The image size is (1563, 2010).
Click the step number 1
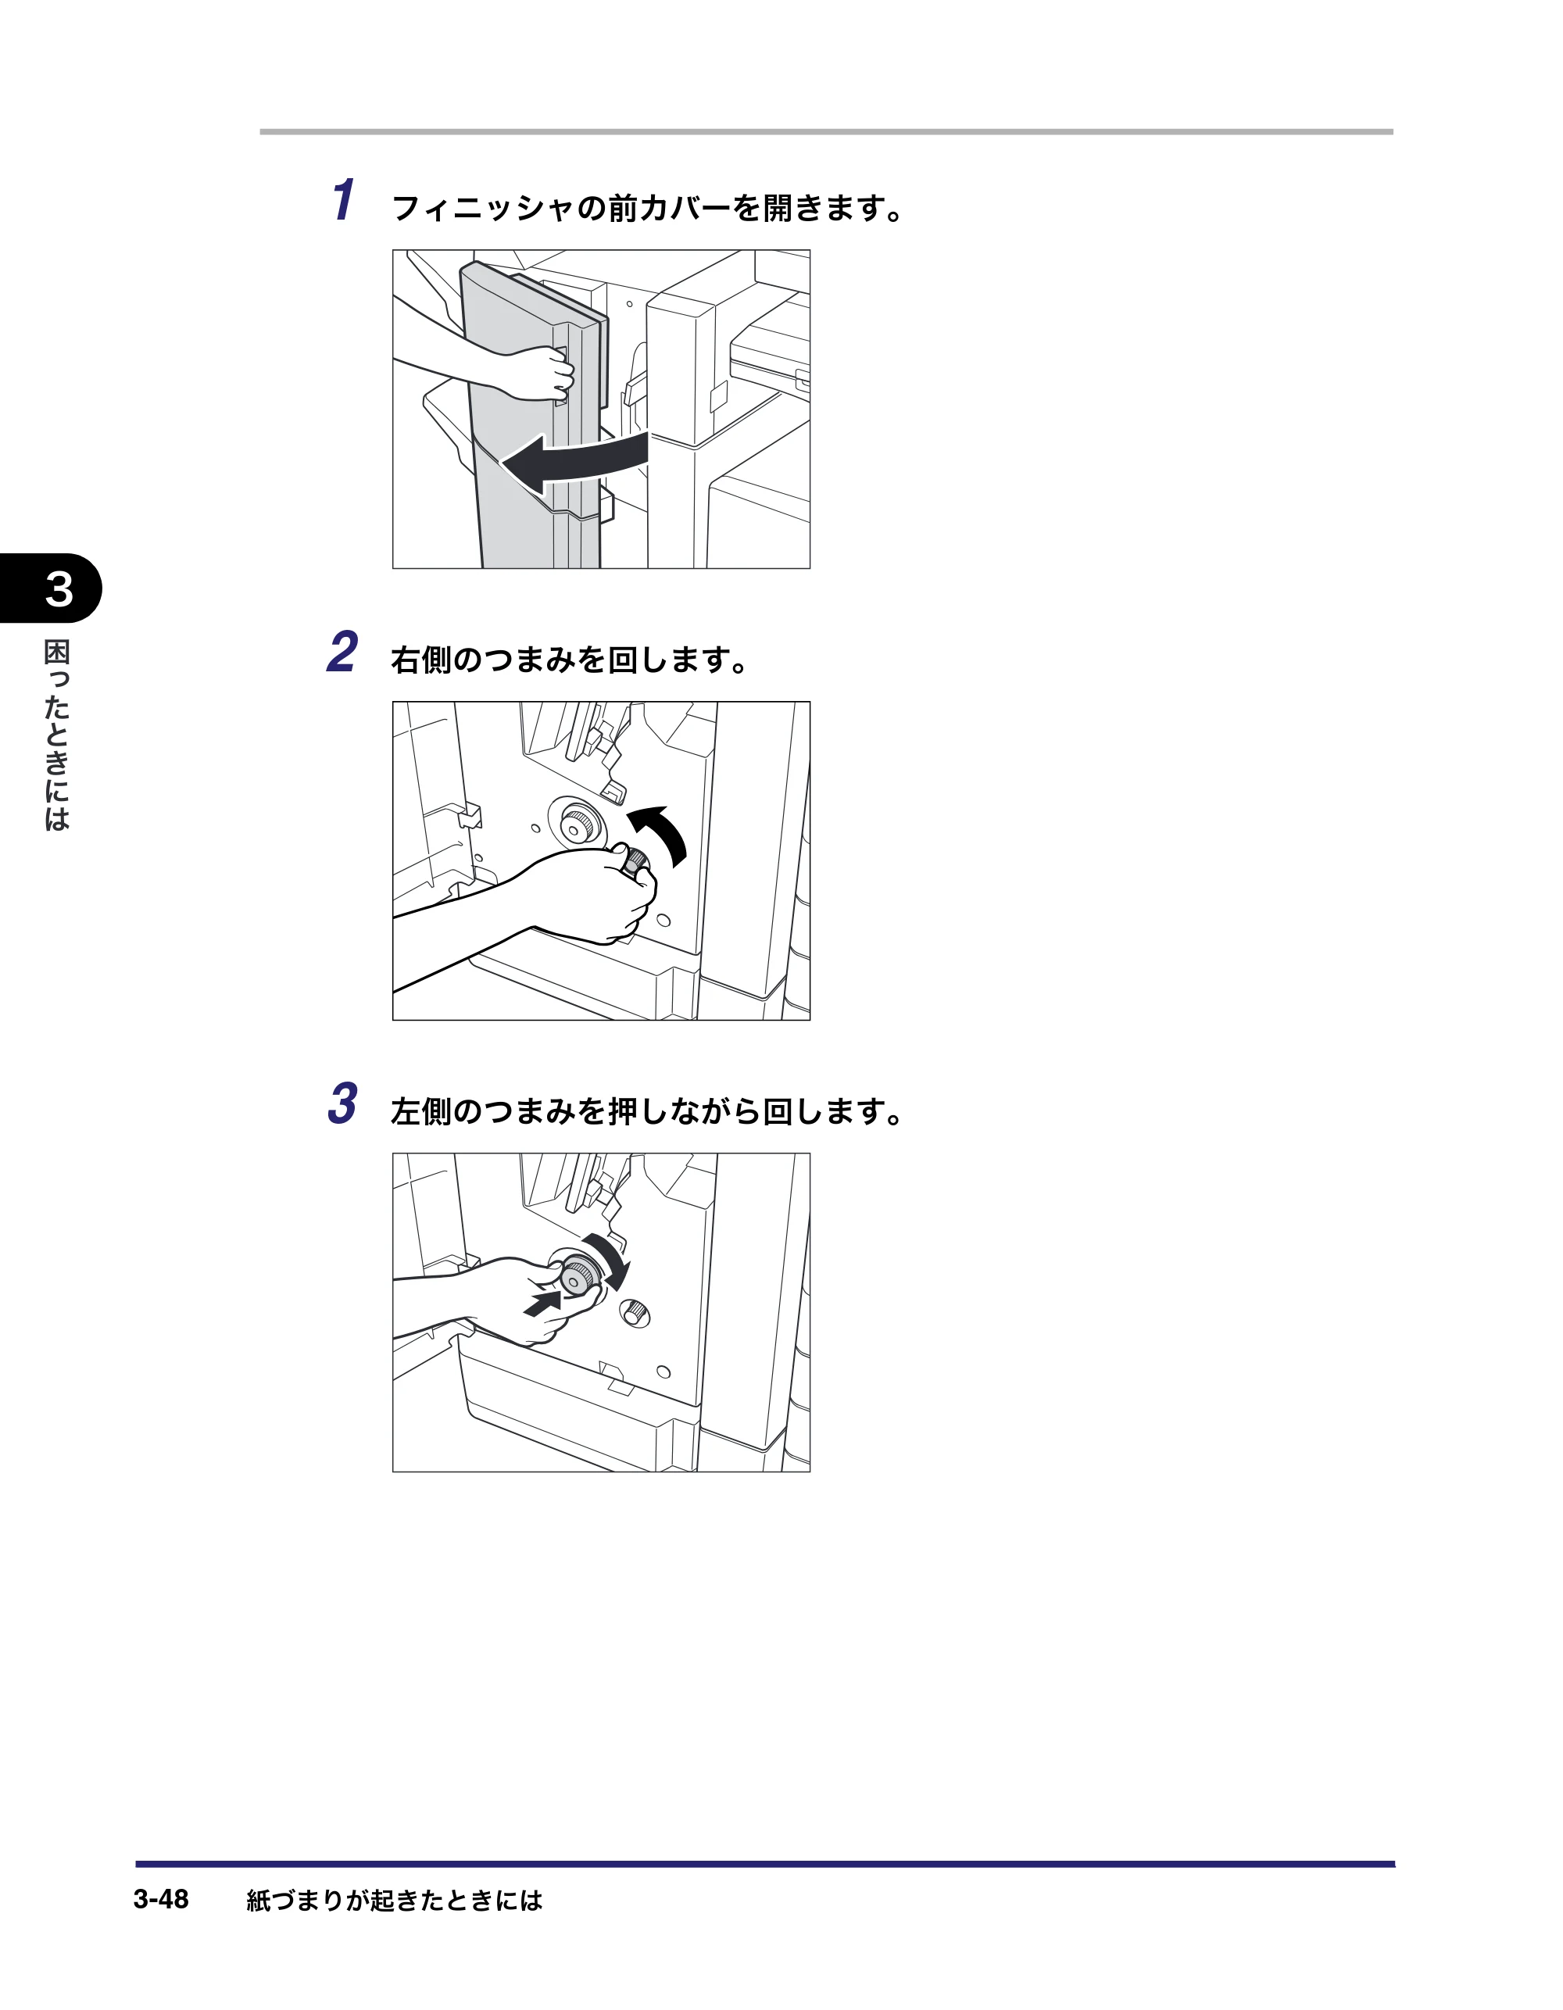tap(342, 200)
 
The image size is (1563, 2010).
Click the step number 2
tap(342, 653)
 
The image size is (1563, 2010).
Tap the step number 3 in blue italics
tap(342, 1103)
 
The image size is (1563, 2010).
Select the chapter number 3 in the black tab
tap(59, 589)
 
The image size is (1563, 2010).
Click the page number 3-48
tap(161, 1899)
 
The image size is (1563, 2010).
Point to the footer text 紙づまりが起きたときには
tap(395, 1901)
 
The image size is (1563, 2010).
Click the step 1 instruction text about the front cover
tap(647, 209)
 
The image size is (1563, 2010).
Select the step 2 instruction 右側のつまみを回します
tap(570, 660)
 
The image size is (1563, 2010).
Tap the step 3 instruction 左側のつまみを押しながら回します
tap(647, 1112)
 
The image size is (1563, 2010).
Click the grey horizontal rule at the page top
tap(827, 131)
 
